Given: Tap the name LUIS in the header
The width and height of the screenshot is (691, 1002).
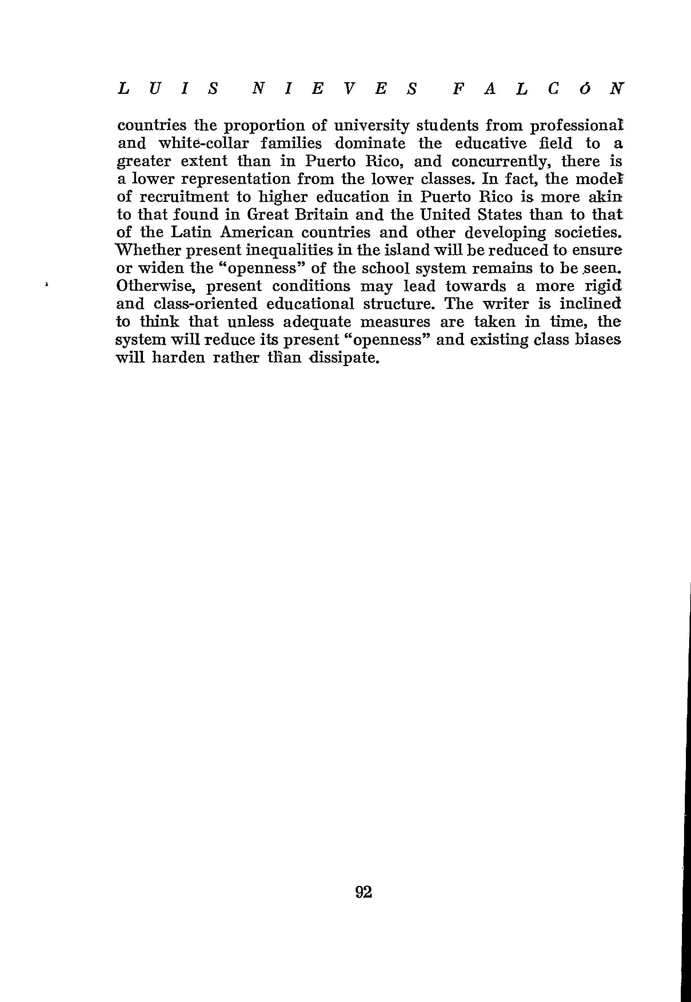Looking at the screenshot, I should click(168, 89).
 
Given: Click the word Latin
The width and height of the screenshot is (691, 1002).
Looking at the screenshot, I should click(191, 232).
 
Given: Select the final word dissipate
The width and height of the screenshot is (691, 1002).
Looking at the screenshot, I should click(344, 358).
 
